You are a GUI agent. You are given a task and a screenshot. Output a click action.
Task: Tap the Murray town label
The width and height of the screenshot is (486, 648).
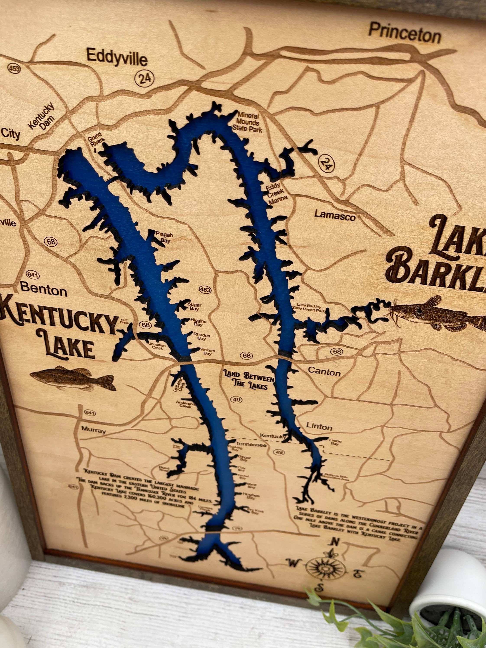(93, 430)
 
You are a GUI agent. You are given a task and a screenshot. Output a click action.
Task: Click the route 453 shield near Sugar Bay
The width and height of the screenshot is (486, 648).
(205, 289)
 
